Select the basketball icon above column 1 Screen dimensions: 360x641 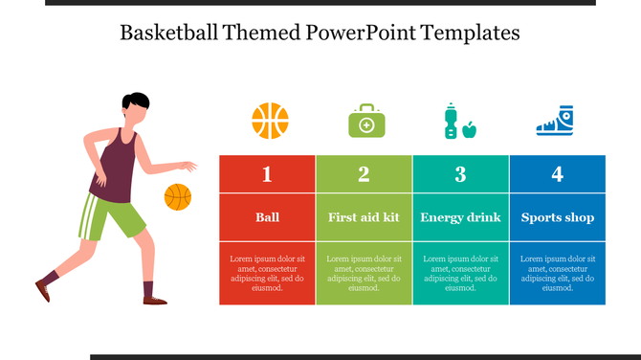pyautogui.click(x=270, y=122)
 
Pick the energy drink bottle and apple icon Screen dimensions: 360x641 pyautogui.click(x=459, y=122)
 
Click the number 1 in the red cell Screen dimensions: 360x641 pyautogui.click(x=267, y=174)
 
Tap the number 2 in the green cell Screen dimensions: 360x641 pyautogui.click(x=364, y=174)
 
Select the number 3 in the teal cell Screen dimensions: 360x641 pyautogui.click(x=460, y=174)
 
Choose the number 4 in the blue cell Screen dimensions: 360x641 pyautogui.click(x=557, y=174)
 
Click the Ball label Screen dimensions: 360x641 pyautogui.click(x=267, y=217)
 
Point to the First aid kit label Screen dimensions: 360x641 pyautogui.click(x=364, y=217)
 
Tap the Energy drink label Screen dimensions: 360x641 pyautogui.click(x=460, y=217)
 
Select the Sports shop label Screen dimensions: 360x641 pyautogui.click(x=557, y=217)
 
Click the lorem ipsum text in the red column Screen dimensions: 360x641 pyautogui.click(x=267, y=273)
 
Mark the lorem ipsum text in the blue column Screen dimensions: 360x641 pyautogui.click(x=557, y=273)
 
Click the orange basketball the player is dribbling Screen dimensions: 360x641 pyautogui.click(x=178, y=197)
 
